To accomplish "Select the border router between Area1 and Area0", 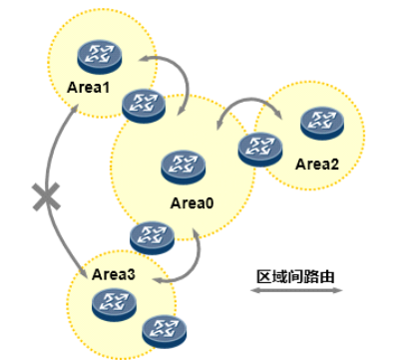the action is (x=144, y=106).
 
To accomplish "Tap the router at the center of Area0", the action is (x=184, y=167).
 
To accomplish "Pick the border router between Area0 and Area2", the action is (x=260, y=150).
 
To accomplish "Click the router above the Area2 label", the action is (x=322, y=123).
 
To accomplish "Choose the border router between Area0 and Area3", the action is (x=152, y=238).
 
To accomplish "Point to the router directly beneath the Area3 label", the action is (x=114, y=305).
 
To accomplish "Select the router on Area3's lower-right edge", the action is (x=165, y=331).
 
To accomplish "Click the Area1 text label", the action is (x=88, y=88).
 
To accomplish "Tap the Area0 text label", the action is (x=192, y=203).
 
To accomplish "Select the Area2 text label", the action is (x=317, y=165).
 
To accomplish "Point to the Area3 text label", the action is (x=114, y=274).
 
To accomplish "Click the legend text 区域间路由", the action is (x=295, y=276).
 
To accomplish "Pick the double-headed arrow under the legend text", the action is (x=296, y=290).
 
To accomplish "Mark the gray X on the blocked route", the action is (x=46, y=196).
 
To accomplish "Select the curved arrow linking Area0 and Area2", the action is (x=250, y=99).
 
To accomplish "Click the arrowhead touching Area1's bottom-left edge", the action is (x=74, y=110).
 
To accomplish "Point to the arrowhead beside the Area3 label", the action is (x=84, y=272).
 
